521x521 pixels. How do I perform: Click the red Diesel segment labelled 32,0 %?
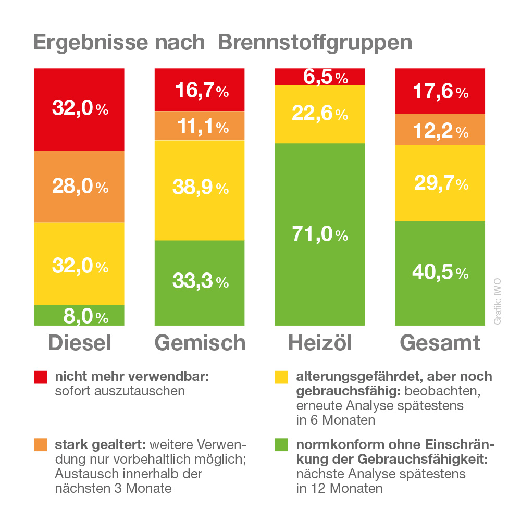(x=79, y=109)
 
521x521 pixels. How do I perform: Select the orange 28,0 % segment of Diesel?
(x=79, y=187)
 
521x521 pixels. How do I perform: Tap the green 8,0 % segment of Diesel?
(x=79, y=316)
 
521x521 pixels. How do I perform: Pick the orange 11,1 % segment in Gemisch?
(x=200, y=126)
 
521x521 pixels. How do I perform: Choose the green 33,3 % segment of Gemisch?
(x=200, y=282)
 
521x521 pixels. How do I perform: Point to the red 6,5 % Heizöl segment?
(x=319, y=77)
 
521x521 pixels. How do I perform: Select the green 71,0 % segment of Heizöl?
(x=319, y=234)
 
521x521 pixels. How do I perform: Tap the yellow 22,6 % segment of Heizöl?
(x=319, y=114)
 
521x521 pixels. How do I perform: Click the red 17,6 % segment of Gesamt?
(x=440, y=92)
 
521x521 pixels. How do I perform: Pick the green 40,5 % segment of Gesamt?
(x=440, y=272)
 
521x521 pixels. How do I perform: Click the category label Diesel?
(x=79, y=343)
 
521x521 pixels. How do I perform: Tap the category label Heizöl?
(x=319, y=343)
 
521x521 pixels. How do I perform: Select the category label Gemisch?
(x=200, y=343)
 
